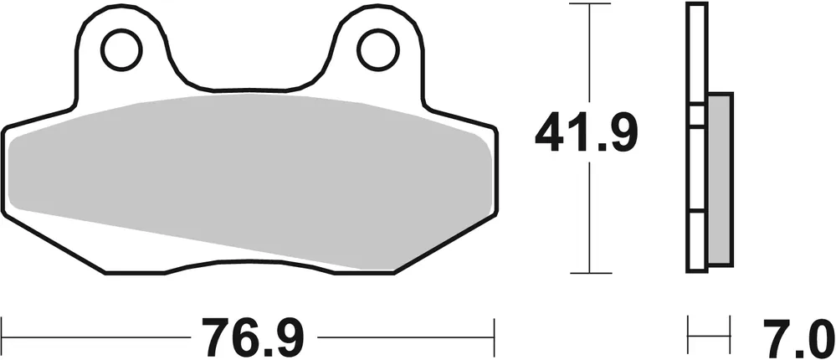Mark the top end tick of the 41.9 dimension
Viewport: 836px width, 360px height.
point(591,4)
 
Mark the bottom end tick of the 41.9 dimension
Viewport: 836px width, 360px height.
point(591,273)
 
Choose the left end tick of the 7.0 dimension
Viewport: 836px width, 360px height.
point(688,337)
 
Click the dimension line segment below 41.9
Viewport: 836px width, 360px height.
point(591,218)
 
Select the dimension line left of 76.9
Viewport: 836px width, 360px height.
point(92,338)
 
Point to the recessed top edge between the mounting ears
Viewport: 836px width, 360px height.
point(249,88)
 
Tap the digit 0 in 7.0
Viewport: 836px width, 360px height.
point(819,337)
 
